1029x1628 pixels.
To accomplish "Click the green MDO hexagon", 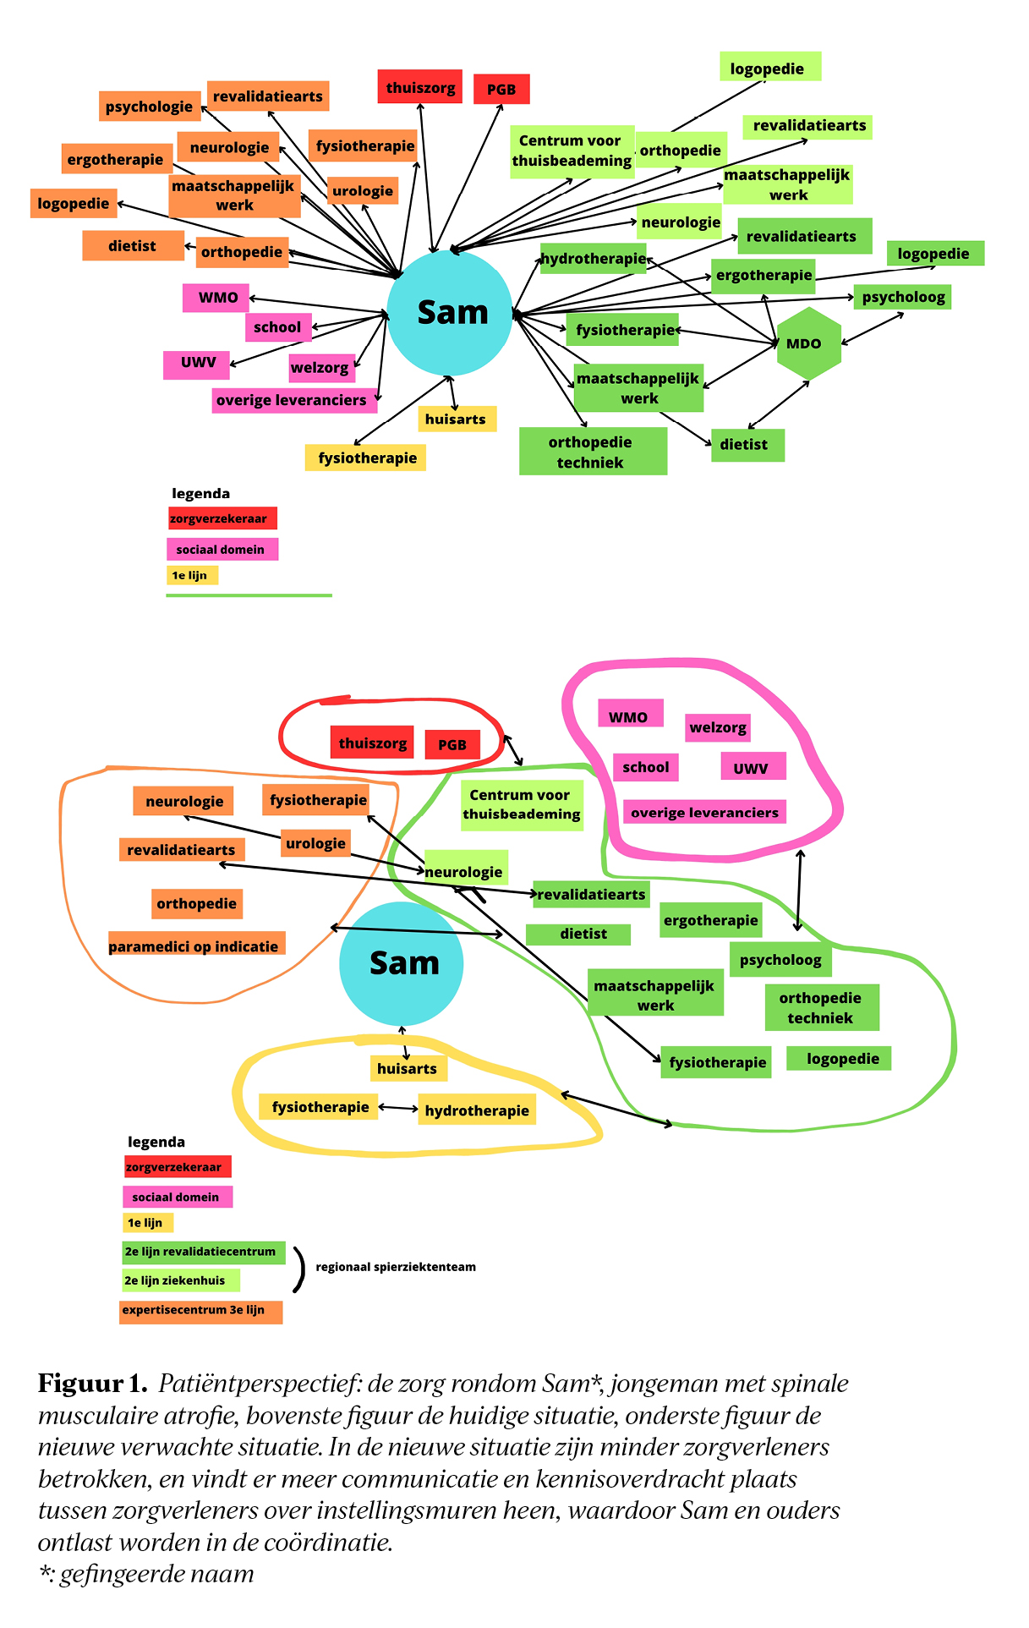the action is click(x=809, y=343).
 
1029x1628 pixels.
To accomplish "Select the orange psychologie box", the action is click(x=150, y=107).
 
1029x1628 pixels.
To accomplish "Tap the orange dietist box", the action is click(x=133, y=246).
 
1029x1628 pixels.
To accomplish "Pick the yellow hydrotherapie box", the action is click(x=477, y=1110).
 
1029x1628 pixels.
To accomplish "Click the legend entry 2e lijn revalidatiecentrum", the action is click(x=204, y=1252).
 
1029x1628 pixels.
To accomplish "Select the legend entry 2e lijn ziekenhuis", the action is click(x=181, y=1280).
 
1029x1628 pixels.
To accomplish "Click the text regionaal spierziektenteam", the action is click(x=396, y=1267).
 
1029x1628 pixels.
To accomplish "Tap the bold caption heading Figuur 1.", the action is click(x=93, y=1384).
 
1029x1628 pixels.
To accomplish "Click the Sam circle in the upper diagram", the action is click(x=450, y=313).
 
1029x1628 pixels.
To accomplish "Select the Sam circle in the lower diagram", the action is click(x=402, y=964).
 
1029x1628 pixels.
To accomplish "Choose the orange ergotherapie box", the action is click(x=115, y=160).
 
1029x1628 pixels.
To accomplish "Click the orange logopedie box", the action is click(x=74, y=204).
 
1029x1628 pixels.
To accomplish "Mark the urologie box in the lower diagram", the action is click(x=316, y=843).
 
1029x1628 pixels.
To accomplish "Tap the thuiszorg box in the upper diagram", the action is click(x=420, y=88).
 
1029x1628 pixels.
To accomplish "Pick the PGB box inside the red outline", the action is click(x=452, y=745).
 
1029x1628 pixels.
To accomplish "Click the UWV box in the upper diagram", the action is click(x=198, y=363).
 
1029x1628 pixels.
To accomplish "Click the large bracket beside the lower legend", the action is click(x=298, y=1269).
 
